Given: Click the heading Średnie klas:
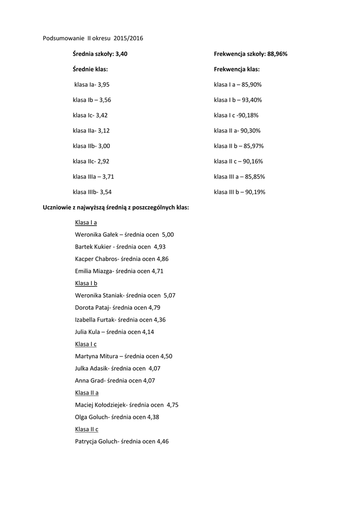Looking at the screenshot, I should (x=90, y=69).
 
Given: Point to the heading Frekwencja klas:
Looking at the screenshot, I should (x=237, y=69).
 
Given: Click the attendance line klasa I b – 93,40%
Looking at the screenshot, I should (x=238, y=100).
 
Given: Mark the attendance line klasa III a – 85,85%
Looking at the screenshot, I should (x=239, y=176).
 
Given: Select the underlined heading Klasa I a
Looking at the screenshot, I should (x=86, y=222).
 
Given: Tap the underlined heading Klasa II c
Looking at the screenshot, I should (x=86, y=429).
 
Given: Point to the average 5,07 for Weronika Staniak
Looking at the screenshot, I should (x=169, y=295).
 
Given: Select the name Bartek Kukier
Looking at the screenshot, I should (x=93, y=247).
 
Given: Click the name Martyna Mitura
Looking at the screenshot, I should (x=96, y=356).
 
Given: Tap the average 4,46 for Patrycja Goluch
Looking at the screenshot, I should (x=163, y=441).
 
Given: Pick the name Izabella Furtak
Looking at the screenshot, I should (x=95, y=319).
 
